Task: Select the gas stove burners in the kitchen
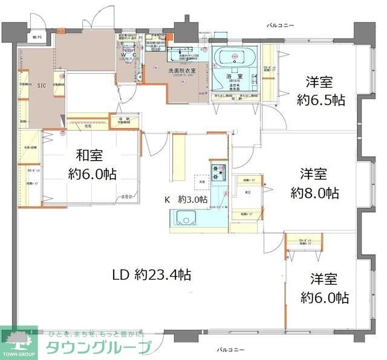[x=218, y=171]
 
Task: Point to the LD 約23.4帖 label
[x=152, y=275]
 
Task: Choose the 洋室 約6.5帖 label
[x=320, y=91]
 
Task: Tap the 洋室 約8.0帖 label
[x=314, y=184]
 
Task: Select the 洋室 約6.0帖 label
[x=324, y=288]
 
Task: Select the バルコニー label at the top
[x=281, y=25]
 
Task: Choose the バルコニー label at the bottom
[x=230, y=350]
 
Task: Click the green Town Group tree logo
[x=18, y=339]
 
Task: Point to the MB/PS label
[x=36, y=37]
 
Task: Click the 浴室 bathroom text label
[x=235, y=77]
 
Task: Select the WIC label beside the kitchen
[x=249, y=193]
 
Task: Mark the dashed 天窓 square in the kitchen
[x=200, y=181]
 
